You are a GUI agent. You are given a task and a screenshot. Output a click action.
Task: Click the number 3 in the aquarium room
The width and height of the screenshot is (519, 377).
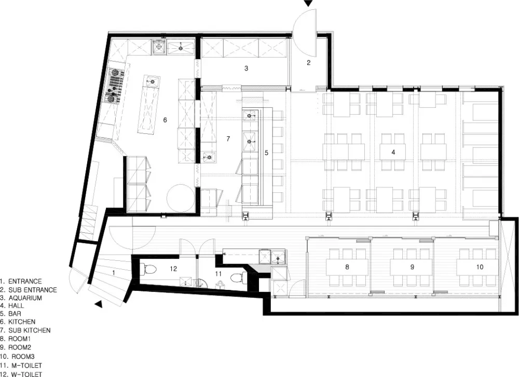[x=246, y=68]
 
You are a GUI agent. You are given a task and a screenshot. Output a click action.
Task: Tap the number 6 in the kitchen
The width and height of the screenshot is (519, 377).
[x=165, y=120]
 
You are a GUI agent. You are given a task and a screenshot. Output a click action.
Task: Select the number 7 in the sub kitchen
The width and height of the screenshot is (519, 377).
[x=228, y=139]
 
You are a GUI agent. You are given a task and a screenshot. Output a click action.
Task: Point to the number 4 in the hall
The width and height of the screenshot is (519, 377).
[x=393, y=152]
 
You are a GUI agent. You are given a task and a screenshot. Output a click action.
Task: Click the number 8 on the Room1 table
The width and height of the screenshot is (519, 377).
[x=347, y=267]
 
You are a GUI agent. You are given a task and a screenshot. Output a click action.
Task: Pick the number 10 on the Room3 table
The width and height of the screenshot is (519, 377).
[x=480, y=267]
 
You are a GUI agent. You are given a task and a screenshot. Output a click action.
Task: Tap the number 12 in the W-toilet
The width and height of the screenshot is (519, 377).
[x=173, y=269]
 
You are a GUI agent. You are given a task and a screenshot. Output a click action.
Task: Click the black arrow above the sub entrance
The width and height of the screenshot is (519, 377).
[x=308, y=3]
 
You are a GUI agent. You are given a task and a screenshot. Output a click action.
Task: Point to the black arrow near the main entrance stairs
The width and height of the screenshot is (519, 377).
[x=98, y=304]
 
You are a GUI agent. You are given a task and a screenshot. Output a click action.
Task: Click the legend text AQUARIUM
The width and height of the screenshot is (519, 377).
[x=25, y=298]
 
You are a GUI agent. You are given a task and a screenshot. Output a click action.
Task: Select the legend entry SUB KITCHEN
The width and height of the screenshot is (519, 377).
[x=30, y=330]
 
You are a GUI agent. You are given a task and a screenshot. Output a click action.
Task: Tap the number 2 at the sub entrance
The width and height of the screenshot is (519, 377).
[x=308, y=63]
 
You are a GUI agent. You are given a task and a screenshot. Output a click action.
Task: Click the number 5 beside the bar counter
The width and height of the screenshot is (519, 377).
[x=266, y=153]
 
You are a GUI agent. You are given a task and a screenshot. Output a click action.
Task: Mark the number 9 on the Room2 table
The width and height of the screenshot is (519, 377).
[x=412, y=267]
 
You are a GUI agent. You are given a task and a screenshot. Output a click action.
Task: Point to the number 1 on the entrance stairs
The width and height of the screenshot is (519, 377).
[x=114, y=272]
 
